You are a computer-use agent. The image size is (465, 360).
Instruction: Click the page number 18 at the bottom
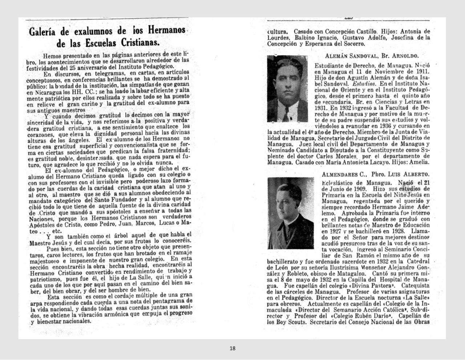point(232,348)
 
